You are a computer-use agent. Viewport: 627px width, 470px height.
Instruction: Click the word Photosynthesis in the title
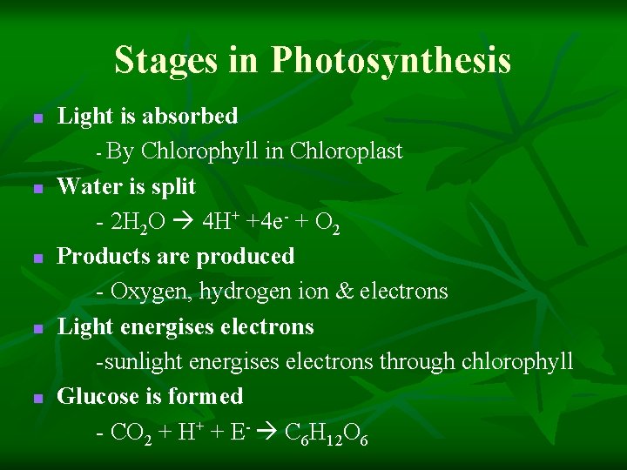coord(390,61)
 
